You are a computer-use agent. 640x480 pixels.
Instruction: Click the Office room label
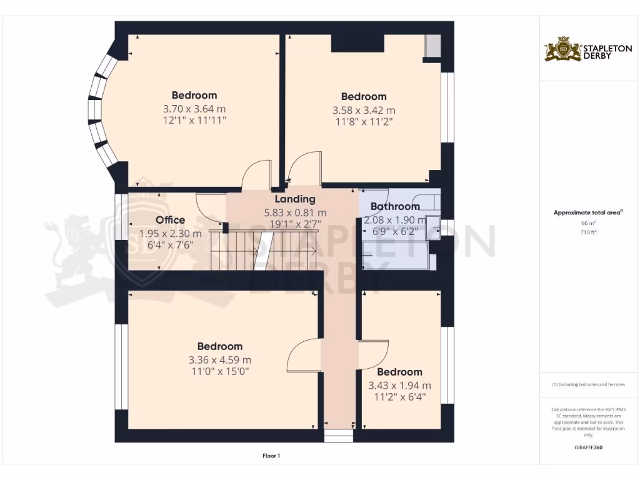point(170,220)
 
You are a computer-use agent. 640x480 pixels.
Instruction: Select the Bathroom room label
point(395,207)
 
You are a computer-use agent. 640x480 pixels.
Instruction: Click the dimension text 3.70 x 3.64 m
point(194,108)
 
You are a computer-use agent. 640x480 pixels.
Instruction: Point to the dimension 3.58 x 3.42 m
point(364,110)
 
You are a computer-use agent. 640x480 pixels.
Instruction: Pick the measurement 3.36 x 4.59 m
point(220,360)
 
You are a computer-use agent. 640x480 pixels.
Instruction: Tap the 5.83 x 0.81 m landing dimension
point(295,212)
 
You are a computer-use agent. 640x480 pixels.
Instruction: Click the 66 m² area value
point(587,222)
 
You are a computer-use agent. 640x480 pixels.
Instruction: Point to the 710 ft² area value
point(587,232)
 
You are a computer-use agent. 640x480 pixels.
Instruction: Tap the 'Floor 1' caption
point(271,456)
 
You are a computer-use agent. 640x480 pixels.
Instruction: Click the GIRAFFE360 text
point(587,447)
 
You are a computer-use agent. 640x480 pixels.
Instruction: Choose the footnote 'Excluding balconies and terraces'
point(587,384)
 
